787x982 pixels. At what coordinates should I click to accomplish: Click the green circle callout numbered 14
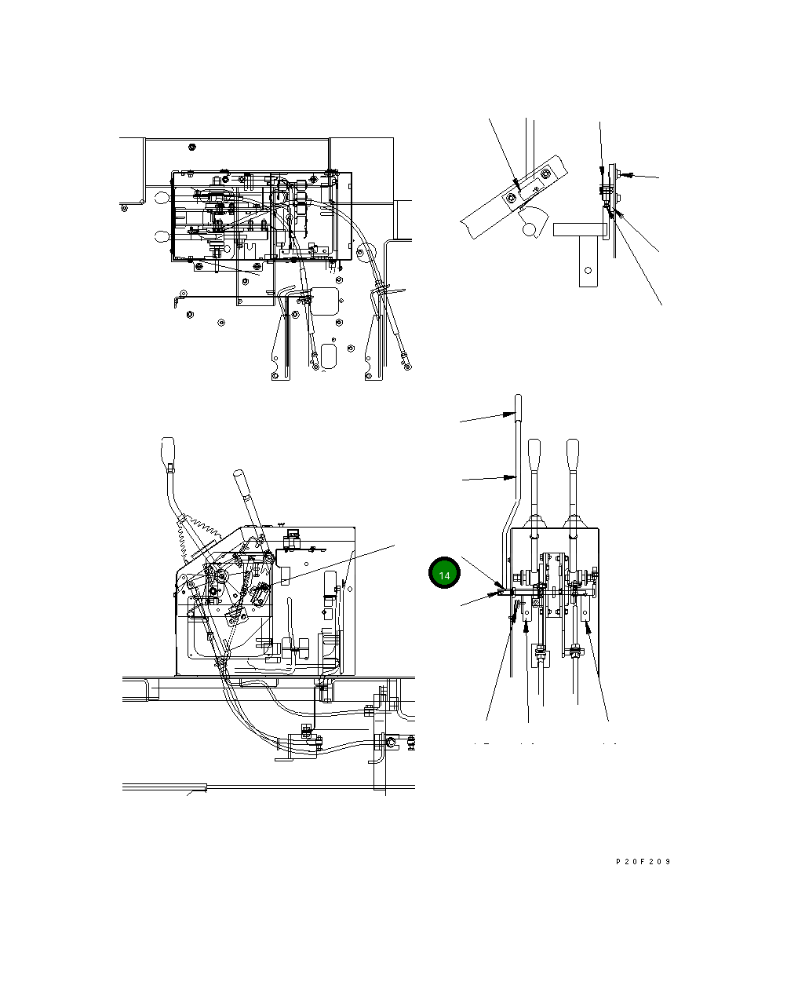pos(444,573)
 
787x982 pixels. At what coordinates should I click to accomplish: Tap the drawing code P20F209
pos(643,862)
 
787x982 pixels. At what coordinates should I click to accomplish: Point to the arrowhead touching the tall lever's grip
pos(508,414)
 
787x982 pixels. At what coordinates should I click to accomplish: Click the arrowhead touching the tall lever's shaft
pos(509,477)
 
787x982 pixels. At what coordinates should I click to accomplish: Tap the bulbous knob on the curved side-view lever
pos(167,451)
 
